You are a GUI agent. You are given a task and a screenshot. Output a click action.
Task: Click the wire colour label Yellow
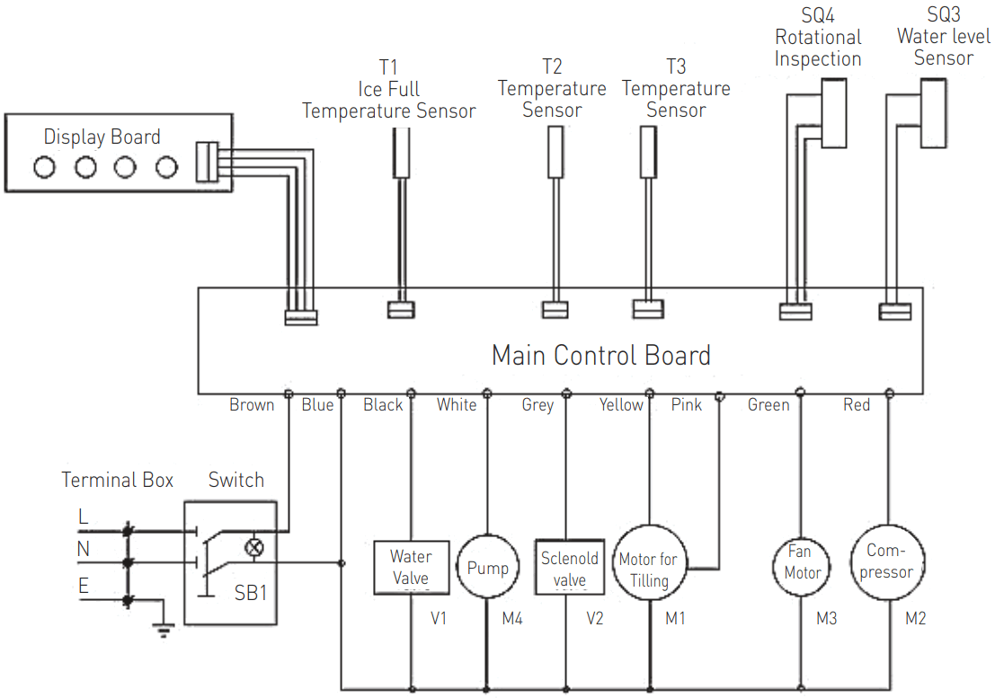620,404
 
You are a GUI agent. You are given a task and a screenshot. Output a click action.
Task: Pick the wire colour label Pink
687,404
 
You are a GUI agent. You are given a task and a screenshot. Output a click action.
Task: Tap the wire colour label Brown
252,404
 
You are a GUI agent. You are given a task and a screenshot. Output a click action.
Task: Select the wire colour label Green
768,404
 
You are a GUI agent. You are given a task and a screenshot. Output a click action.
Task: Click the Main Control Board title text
601,355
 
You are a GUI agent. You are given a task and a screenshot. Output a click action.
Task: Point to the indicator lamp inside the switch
253,547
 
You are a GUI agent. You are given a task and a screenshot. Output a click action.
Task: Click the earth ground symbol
164,628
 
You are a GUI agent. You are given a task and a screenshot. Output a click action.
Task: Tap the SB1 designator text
250,593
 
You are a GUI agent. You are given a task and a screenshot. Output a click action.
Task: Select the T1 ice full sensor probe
401,153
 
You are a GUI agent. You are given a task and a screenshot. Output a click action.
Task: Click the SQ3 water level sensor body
934,113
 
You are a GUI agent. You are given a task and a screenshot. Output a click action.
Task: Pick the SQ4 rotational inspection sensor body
834,113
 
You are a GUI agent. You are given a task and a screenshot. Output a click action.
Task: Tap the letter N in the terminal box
83,549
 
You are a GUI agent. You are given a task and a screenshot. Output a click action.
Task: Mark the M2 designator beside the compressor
915,618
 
